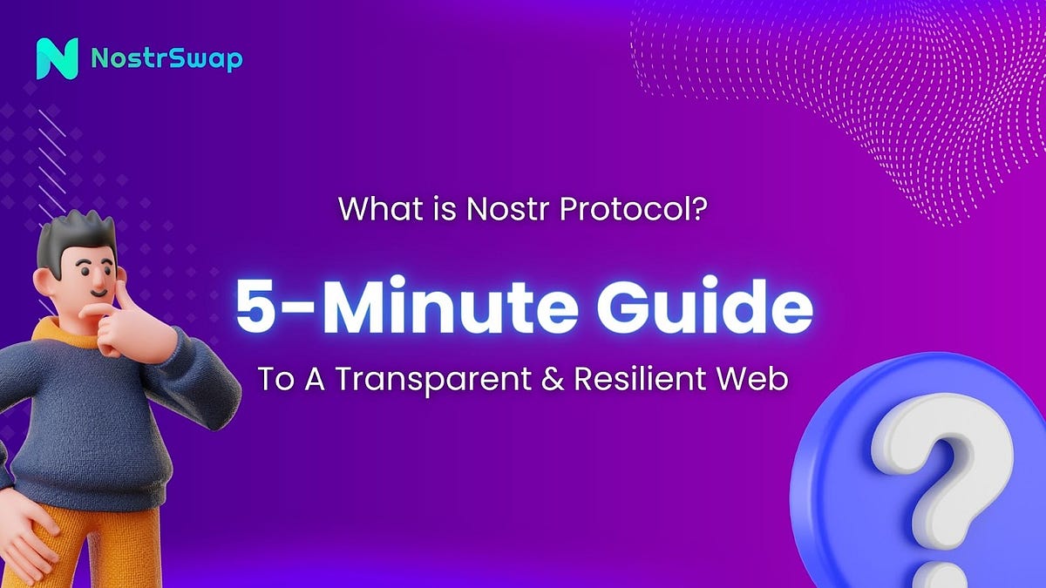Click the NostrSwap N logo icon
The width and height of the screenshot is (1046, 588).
[58, 59]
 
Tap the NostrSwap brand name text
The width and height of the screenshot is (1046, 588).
[166, 59]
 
